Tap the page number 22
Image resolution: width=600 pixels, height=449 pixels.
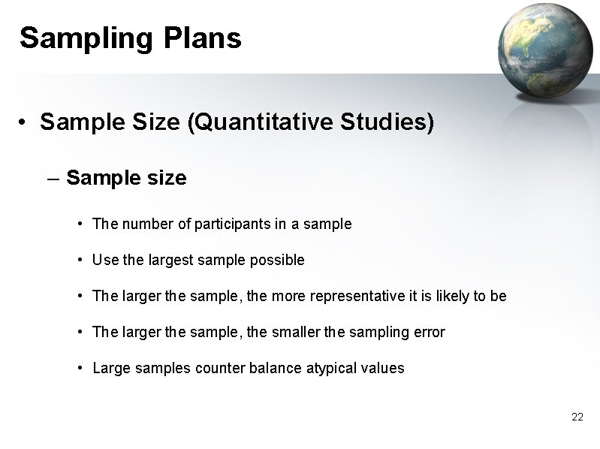pos(577,417)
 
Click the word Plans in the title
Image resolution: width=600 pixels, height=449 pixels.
pos(201,38)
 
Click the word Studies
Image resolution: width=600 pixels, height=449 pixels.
pos(395,122)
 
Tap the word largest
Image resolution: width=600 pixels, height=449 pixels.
pos(169,260)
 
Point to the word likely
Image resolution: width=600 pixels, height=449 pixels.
pos(451,296)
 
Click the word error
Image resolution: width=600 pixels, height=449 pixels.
pos(429,332)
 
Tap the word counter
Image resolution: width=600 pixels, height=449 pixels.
pos(217,368)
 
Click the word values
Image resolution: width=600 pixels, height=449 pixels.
pos(384,368)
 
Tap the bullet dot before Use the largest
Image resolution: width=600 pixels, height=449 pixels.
pos(80,261)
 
